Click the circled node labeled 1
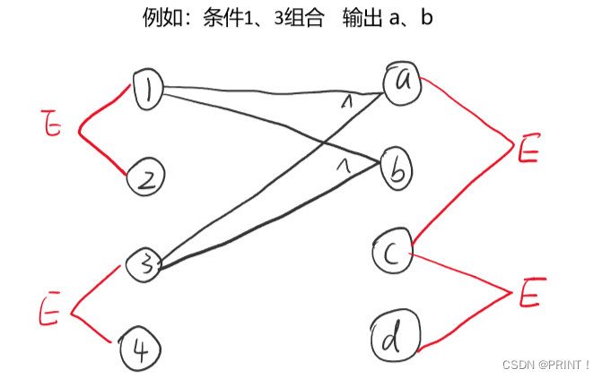[147, 90]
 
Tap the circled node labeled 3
[143, 263]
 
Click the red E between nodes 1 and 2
[53, 126]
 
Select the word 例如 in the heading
[160, 17]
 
